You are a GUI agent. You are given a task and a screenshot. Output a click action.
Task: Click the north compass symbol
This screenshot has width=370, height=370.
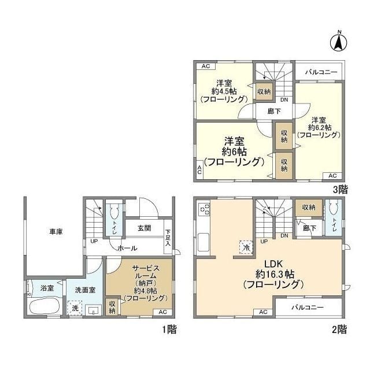coord(339,42)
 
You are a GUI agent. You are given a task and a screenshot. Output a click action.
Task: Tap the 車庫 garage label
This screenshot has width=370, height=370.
coord(56,232)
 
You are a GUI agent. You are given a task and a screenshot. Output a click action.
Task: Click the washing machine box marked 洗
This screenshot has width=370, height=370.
coord(75,308)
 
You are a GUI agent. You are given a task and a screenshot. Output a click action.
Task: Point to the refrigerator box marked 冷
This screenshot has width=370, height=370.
coord(246,247)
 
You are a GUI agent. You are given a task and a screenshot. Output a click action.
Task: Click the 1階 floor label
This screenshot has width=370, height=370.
coord(169,330)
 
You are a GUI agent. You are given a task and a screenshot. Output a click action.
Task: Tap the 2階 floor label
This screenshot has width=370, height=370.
coord(339,330)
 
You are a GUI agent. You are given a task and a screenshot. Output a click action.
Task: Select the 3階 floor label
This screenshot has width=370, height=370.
coord(341,189)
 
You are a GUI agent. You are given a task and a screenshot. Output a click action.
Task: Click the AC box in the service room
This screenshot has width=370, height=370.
coord(162,312)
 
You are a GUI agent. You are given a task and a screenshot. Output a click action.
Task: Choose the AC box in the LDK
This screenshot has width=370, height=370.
coord(263,312)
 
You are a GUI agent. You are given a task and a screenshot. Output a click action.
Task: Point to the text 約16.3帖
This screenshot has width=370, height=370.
coord(275,274)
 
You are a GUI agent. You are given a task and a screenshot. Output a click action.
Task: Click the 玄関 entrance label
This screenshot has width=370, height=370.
coord(144,228)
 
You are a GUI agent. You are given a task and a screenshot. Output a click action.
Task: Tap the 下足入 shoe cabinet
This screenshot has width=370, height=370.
coord(168,236)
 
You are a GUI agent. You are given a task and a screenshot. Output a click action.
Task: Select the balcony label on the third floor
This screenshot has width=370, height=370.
coord(321,72)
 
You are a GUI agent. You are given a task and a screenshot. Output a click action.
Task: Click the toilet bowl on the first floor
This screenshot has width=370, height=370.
coord(114,212)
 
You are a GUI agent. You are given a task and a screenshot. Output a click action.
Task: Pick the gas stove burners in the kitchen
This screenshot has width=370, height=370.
coord(205,209)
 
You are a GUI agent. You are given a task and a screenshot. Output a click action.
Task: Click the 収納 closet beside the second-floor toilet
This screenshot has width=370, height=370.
coord(309,208)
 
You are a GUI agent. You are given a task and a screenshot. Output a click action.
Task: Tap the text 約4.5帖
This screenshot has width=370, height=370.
coord(224,91)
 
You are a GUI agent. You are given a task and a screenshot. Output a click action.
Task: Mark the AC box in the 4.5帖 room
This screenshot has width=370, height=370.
coord(206,66)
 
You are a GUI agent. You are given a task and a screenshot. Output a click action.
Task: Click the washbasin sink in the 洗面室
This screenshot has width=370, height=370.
coord(94,310)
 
